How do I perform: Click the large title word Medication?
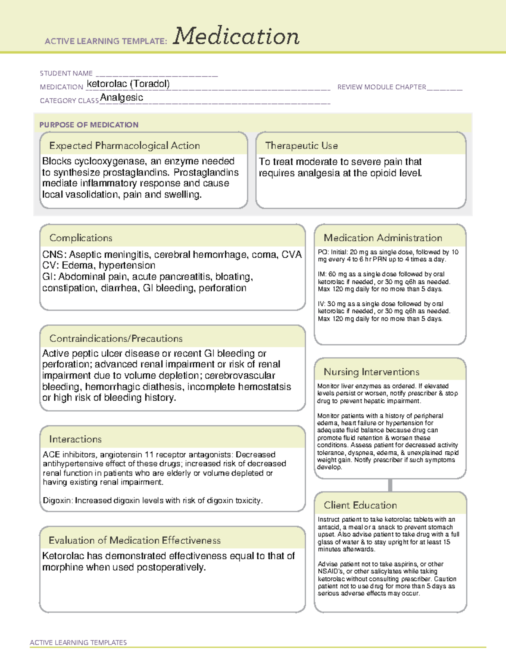(x=236, y=36)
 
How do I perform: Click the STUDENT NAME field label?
(x=66, y=73)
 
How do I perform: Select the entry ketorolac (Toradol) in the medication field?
(x=128, y=84)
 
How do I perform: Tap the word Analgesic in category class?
(x=121, y=97)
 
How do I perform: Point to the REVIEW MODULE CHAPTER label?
(x=382, y=87)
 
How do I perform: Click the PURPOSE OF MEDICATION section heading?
(x=89, y=125)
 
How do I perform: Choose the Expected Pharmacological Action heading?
(x=124, y=146)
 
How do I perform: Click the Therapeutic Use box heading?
(x=301, y=146)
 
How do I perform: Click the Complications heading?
(x=81, y=238)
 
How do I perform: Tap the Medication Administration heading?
(x=382, y=238)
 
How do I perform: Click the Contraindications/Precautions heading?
(x=116, y=338)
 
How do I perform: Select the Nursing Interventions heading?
(x=371, y=372)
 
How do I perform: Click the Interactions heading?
(x=75, y=439)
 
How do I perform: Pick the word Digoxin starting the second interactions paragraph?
(x=58, y=501)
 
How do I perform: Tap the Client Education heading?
(x=360, y=505)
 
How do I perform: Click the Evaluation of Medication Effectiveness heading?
(x=135, y=540)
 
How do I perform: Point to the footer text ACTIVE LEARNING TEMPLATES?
(x=78, y=642)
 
